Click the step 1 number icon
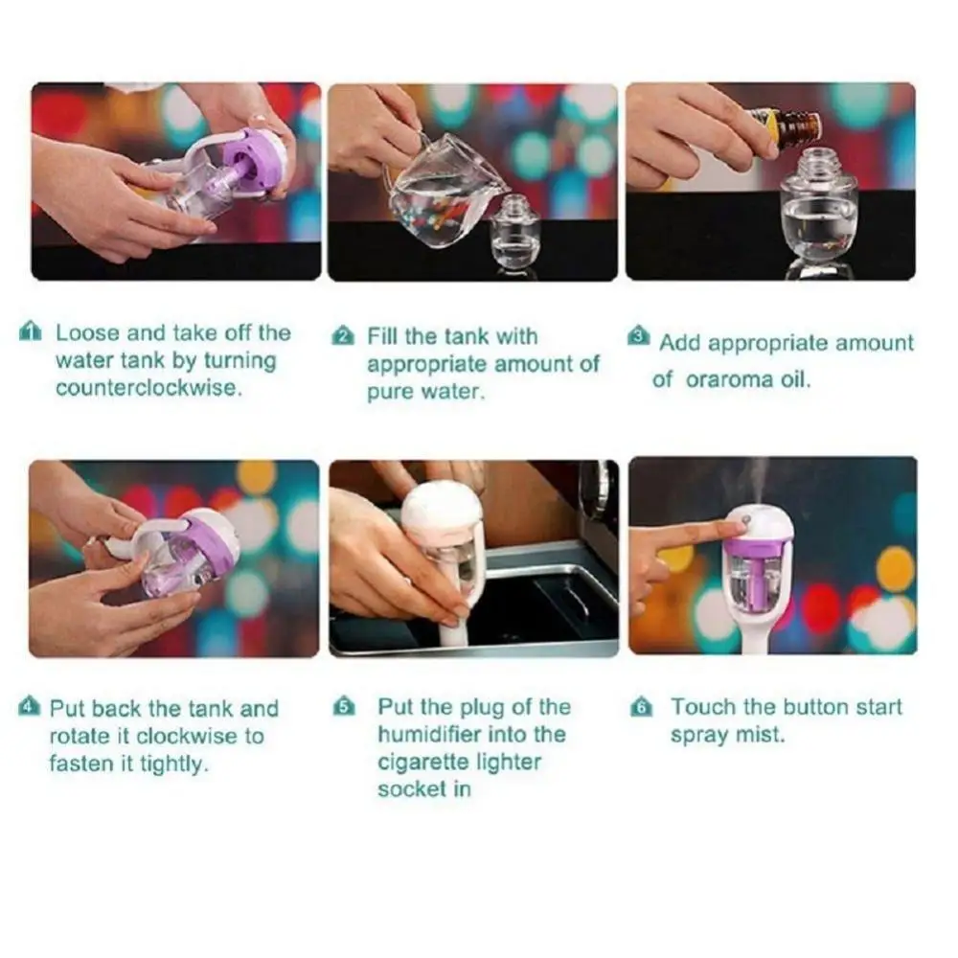pyautogui.click(x=31, y=332)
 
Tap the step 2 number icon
pyautogui.click(x=343, y=336)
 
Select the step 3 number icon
pyautogui.click(x=639, y=336)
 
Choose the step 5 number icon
pyautogui.click(x=343, y=708)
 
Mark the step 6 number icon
pyautogui.click(x=641, y=709)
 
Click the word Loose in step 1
pyautogui.click(x=88, y=332)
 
